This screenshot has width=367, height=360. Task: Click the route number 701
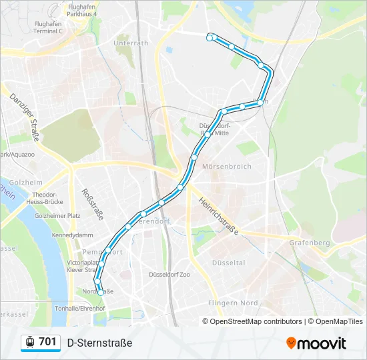(x=47, y=342)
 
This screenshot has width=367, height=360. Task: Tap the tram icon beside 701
(x=30, y=342)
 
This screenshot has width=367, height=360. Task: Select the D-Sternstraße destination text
(x=99, y=343)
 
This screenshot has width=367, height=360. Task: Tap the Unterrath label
(x=131, y=43)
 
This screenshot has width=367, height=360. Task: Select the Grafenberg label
(x=310, y=243)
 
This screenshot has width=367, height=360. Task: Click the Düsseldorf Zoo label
(x=170, y=274)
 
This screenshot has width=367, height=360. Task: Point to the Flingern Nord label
(x=233, y=303)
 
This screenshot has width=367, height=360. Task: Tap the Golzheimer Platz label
(x=57, y=216)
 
